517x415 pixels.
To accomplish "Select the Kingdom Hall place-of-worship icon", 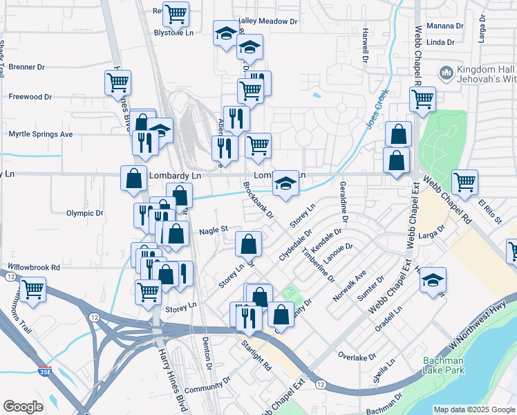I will [x=446, y=73].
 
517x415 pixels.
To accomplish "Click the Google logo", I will [x=23, y=407].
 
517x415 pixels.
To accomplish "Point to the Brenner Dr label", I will [x=27, y=67].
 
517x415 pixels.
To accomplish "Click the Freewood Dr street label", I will [x=30, y=97].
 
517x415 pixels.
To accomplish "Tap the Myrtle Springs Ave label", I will [x=40, y=133].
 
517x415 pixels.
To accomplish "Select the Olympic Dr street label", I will [x=84, y=213].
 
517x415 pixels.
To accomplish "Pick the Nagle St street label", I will [x=214, y=230].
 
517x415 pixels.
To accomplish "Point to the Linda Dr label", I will [x=440, y=42].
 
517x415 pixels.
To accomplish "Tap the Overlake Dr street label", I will [x=357, y=356].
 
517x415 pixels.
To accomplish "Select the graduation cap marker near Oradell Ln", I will [x=433, y=280].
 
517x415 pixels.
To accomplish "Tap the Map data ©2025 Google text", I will [x=473, y=409].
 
